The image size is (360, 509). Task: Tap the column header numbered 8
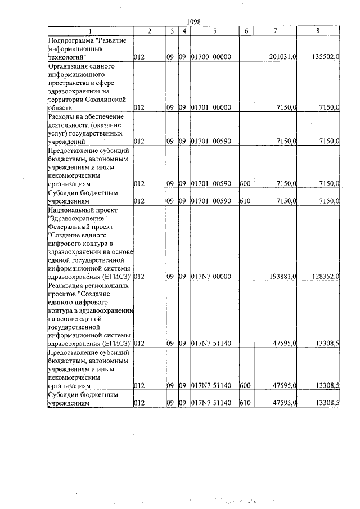(x=318, y=31)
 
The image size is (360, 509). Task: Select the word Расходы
(x=62, y=116)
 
